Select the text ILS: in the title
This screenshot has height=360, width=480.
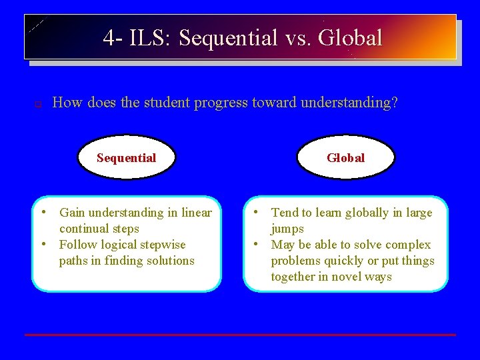coord(151,38)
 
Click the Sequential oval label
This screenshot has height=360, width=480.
coord(126,158)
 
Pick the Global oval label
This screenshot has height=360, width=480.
coord(345,158)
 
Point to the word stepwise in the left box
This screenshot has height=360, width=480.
coord(163,245)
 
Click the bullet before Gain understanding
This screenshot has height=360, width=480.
coord(43,212)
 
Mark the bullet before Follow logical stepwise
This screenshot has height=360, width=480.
coord(43,244)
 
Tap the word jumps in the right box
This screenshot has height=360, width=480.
coord(287,229)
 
